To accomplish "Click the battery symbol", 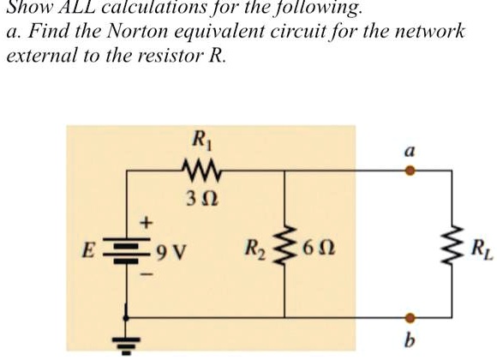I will pos(129,251).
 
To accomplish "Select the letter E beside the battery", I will pos(86,252).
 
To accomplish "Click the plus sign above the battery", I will pos(145,222).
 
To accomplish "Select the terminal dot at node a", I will pos(410,171).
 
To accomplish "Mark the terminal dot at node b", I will pos(410,317).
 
